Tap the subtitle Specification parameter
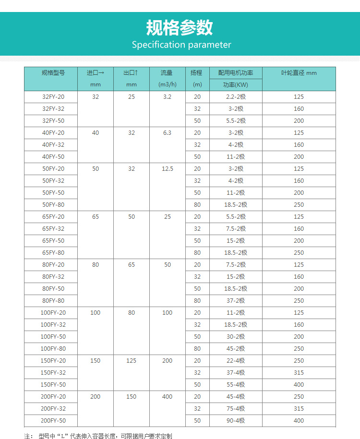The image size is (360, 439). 181,45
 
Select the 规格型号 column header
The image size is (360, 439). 53,73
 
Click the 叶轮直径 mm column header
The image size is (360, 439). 299,73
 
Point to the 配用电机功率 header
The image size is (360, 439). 236,73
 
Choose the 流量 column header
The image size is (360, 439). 167,73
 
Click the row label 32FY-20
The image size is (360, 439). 53,97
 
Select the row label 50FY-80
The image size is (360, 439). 53,205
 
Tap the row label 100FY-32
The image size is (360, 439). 53,325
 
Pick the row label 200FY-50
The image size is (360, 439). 53,421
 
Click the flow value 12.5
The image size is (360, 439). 167,169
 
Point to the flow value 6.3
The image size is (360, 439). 167,133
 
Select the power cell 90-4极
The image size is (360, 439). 236,421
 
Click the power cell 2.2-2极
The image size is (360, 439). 236,97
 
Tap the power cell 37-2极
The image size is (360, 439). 236,301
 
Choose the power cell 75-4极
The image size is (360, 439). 236,409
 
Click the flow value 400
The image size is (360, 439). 167,397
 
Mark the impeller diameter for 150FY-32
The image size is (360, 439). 299,373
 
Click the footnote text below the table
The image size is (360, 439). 98,436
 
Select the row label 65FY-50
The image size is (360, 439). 53,241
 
